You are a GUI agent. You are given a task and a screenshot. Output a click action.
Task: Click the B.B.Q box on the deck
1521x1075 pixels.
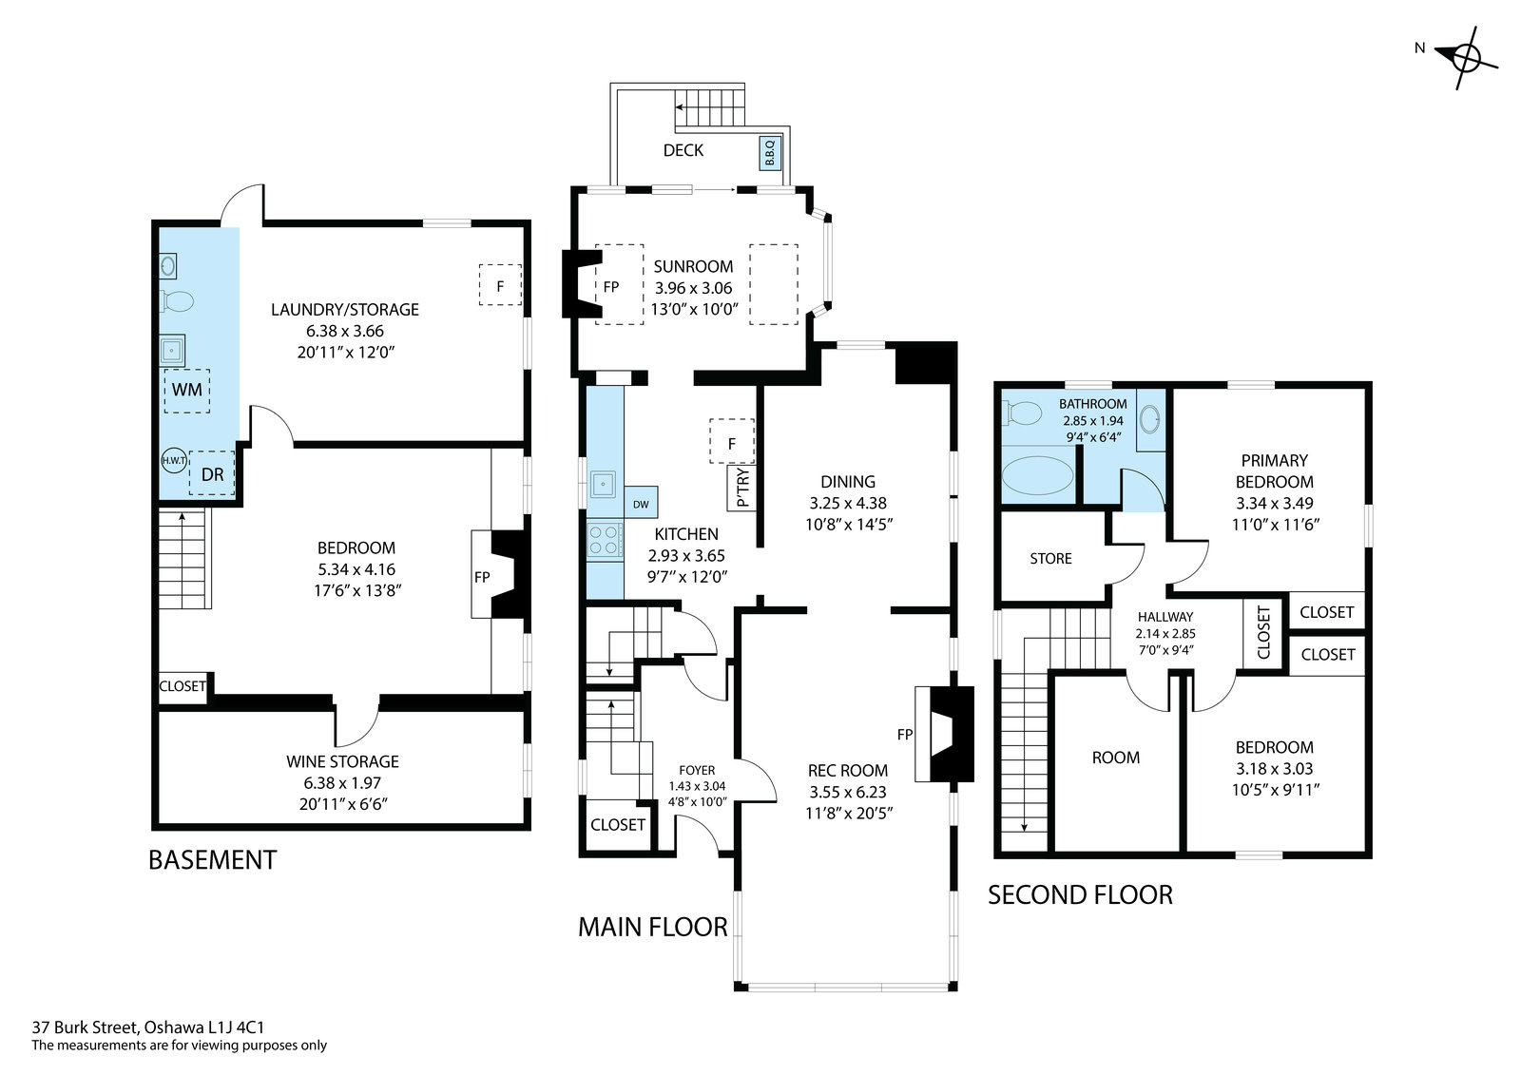(x=769, y=153)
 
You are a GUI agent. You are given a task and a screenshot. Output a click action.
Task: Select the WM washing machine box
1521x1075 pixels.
(x=186, y=391)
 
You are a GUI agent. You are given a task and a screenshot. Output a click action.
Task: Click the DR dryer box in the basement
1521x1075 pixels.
(x=212, y=474)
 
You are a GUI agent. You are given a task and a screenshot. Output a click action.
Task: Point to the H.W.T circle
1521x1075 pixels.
(x=173, y=460)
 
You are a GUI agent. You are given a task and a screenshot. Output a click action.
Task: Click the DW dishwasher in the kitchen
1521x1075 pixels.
(x=641, y=503)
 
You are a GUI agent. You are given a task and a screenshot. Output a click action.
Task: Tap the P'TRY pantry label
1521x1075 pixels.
(x=743, y=488)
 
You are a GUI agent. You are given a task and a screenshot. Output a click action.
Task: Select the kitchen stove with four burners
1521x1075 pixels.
(x=605, y=540)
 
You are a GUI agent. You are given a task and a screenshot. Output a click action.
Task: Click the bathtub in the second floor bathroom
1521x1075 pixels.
(x=1038, y=474)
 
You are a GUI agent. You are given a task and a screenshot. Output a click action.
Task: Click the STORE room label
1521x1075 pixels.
(x=1050, y=559)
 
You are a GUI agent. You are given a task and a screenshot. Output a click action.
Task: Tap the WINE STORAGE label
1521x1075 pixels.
(x=343, y=761)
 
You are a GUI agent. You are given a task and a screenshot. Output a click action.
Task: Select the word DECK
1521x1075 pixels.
(x=683, y=151)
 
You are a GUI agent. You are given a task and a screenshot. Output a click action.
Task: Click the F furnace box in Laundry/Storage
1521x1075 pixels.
(x=500, y=285)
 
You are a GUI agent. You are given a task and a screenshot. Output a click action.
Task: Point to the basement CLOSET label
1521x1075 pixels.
(x=182, y=686)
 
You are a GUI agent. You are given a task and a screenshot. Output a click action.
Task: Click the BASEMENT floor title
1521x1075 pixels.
(x=213, y=860)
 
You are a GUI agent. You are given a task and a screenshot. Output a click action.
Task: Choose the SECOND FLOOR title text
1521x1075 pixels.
(x=1080, y=895)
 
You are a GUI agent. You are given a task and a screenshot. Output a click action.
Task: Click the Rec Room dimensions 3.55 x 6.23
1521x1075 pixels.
(x=848, y=792)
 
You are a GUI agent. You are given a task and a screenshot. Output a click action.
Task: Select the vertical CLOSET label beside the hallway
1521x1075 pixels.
(x=1263, y=633)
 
